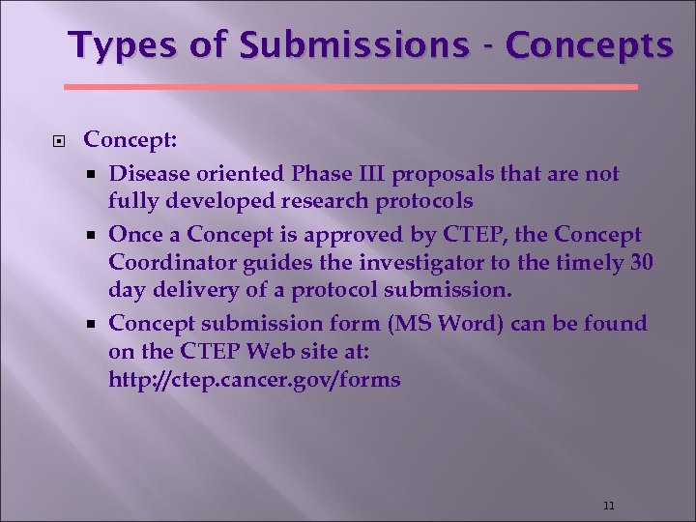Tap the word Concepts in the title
pos(589,45)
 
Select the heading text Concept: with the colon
pos(130,140)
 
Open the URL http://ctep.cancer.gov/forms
pos(254,379)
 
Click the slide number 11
pos(608,505)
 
